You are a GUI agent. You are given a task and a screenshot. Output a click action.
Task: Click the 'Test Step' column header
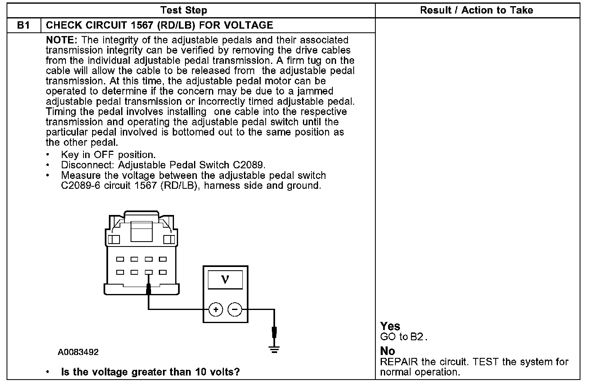pos(184,10)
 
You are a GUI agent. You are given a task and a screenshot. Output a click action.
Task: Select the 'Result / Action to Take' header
pos(476,10)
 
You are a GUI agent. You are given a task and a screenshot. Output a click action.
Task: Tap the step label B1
pos(24,25)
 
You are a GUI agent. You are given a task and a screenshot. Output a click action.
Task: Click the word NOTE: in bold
pos(62,40)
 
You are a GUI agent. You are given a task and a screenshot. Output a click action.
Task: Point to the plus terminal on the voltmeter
pos(216,310)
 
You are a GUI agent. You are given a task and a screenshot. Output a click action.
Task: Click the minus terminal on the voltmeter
pos(235,310)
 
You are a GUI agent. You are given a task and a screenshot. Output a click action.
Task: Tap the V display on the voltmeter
pos(225,280)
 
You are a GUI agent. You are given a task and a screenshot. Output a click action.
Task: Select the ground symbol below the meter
pos(274,349)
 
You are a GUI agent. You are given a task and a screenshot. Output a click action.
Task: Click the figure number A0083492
pos(78,352)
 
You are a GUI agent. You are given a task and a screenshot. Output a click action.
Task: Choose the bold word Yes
pos(390,326)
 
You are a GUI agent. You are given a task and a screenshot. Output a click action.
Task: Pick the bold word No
pos(388,351)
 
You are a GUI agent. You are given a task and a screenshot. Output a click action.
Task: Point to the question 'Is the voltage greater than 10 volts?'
pos(150,372)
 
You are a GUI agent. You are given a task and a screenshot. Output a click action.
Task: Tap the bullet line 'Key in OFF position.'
pos(108,155)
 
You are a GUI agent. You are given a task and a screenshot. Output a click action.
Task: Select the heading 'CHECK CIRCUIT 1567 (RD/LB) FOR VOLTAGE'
pos(160,25)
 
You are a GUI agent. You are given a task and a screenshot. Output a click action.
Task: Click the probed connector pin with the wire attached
pos(149,272)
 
